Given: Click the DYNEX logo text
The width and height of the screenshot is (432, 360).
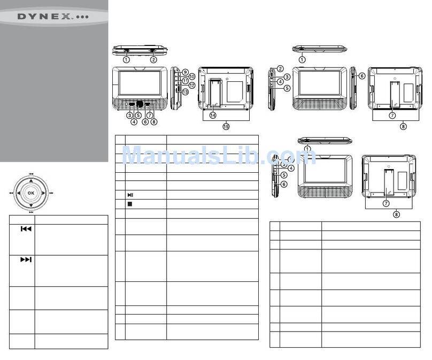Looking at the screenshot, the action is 53,17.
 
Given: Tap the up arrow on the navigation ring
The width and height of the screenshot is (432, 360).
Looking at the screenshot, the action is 31,181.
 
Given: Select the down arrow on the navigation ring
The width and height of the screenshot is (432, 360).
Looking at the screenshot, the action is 31,205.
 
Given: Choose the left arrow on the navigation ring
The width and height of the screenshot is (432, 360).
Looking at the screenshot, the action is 19,193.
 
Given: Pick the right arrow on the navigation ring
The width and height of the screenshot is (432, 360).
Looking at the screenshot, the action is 43,193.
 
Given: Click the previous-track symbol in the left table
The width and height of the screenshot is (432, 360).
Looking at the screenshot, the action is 26,229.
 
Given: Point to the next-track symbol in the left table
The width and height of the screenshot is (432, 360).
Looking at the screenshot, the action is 26,259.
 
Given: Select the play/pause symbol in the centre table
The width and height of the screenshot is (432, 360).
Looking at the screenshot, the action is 130,195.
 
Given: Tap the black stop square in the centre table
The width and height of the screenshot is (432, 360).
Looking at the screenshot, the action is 130,204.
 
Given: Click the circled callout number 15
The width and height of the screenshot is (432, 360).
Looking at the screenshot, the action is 226,127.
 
